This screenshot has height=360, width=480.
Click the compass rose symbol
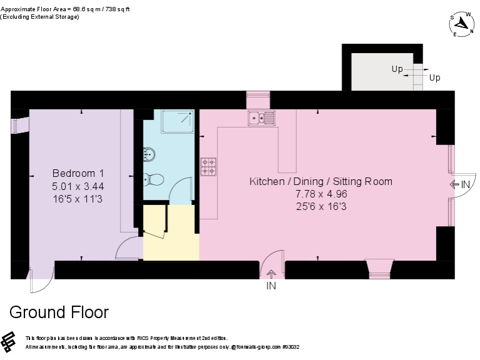point(461,23)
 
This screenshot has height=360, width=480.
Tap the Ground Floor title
point(59,312)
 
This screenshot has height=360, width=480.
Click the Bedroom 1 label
point(77,173)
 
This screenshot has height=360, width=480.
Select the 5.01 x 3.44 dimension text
point(77,186)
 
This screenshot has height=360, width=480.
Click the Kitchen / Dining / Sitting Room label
point(321,182)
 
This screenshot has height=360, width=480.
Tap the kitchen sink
point(261,117)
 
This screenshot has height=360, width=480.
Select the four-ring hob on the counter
point(208,166)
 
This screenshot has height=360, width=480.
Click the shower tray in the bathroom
point(177,121)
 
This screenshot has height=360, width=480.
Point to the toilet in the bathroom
point(154,180)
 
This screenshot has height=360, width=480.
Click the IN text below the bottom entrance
point(271,286)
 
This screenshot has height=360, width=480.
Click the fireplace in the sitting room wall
point(379,268)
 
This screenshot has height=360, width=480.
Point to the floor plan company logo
point(9,342)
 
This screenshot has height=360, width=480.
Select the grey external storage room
point(381,71)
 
